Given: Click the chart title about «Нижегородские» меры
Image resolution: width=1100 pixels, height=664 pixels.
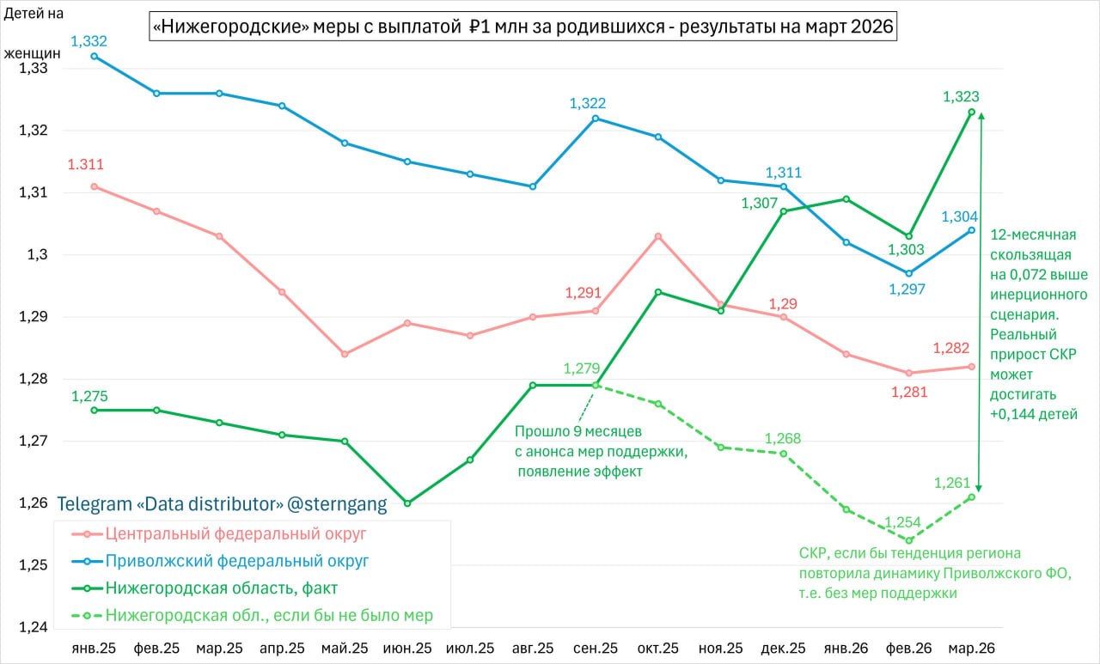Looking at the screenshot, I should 523,28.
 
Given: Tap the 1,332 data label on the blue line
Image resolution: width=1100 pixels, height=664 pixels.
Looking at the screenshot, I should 89,41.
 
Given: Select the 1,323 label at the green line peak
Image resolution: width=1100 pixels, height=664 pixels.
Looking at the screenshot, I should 961,97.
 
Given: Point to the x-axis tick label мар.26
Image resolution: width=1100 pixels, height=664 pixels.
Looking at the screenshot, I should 971,647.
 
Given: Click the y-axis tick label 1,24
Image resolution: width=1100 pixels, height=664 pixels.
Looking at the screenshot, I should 33,627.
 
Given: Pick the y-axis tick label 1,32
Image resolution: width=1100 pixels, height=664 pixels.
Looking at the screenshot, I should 33,131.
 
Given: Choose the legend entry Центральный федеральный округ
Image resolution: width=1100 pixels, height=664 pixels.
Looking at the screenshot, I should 235,533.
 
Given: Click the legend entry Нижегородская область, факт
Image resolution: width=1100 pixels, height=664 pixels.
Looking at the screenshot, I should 222,588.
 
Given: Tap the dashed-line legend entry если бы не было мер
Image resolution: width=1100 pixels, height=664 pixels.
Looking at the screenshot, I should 269,615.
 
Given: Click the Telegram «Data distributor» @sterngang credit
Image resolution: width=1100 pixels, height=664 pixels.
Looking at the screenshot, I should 222,503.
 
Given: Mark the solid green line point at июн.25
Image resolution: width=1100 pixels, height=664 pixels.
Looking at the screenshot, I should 407,503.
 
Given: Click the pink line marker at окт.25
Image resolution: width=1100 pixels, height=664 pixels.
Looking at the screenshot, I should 658,236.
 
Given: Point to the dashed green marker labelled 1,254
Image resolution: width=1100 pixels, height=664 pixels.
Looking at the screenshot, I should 909,540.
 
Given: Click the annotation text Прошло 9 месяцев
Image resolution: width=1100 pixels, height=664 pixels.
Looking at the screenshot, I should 577,432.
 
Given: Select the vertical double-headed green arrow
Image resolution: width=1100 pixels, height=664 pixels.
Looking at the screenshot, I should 981,301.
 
